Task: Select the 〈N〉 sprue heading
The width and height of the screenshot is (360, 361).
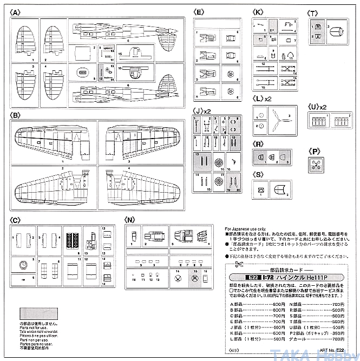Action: click(x=130, y=220)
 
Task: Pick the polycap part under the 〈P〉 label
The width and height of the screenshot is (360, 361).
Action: click(x=315, y=166)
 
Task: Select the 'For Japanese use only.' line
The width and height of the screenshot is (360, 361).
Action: click(x=243, y=229)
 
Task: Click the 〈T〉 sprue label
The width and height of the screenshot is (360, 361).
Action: click(x=313, y=12)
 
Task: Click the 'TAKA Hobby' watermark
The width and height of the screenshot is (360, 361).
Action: click(x=322, y=355)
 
